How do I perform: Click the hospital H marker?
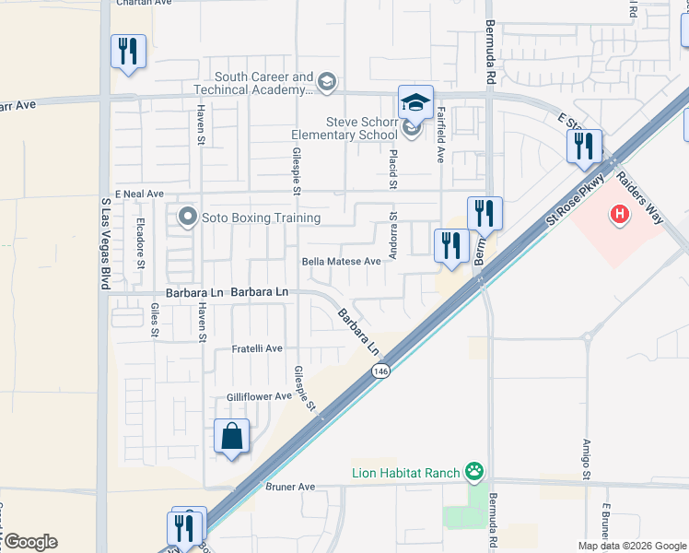[620, 214]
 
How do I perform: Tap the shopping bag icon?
[232, 436]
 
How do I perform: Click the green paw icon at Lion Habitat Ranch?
[474, 473]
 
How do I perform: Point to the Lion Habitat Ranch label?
[405, 473]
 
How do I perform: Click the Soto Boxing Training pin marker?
[189, 218]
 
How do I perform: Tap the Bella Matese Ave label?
[342, 262]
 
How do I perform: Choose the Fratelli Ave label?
[256, 348]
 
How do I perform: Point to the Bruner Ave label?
[290, 486]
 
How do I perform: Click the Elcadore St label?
[141, 243]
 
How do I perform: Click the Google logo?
[30, 542]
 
